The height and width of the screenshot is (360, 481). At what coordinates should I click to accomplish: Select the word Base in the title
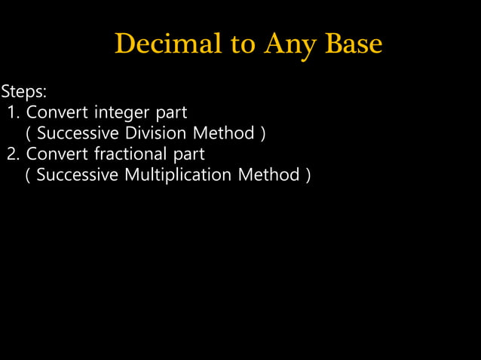354,44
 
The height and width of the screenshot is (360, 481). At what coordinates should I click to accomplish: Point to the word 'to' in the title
243,44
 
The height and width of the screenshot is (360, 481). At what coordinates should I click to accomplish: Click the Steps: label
24,92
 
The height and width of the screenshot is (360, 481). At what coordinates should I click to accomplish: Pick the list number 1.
13,113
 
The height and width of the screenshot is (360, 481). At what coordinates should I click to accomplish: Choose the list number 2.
13,154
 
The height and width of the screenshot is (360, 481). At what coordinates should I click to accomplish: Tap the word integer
123,113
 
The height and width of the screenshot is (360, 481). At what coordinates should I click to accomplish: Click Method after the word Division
223,133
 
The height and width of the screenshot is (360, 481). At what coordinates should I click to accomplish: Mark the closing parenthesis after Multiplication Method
307,175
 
